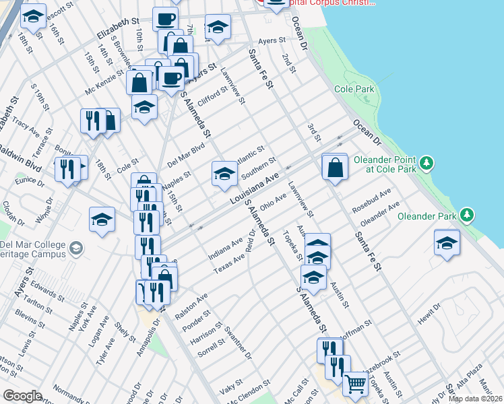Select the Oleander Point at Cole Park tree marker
(x=426, y=163)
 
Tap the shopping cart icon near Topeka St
(x=354, y=384)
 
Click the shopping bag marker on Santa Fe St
(x=335, y=168)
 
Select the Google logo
(x=22, y=396)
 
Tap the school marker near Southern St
(x=224, y=174)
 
